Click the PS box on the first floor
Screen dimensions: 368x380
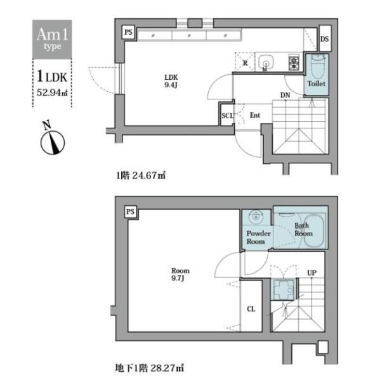(x=128, y=32)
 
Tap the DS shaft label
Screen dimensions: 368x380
(x=324, y=39)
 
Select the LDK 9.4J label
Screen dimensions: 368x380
(x=171, y=81)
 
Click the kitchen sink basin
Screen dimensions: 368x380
(x=266, y=61)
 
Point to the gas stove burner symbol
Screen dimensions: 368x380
(x=294, y=62)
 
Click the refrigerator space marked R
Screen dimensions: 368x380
(x=245, y=62)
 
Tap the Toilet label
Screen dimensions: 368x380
(x=317, y=84)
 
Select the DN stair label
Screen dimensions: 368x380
(x=286, y=95)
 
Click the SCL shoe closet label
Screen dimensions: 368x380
(x=227, y=116)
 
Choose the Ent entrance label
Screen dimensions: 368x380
(x=255, y=115)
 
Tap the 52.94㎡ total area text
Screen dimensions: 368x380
(x=52, y=92)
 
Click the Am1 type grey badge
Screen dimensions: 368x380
(x=52, y=39)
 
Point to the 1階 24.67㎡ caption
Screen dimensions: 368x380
(x=141, y=175)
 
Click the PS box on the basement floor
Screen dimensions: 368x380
(x=130, y=212)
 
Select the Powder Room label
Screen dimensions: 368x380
(x=258, y=237)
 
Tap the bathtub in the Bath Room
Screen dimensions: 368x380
(x=313, y=231)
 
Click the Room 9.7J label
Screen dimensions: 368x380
(x=180, y=274)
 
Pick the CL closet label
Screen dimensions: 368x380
(x=251, y=309)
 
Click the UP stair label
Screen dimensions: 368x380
(x=312, y=273)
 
